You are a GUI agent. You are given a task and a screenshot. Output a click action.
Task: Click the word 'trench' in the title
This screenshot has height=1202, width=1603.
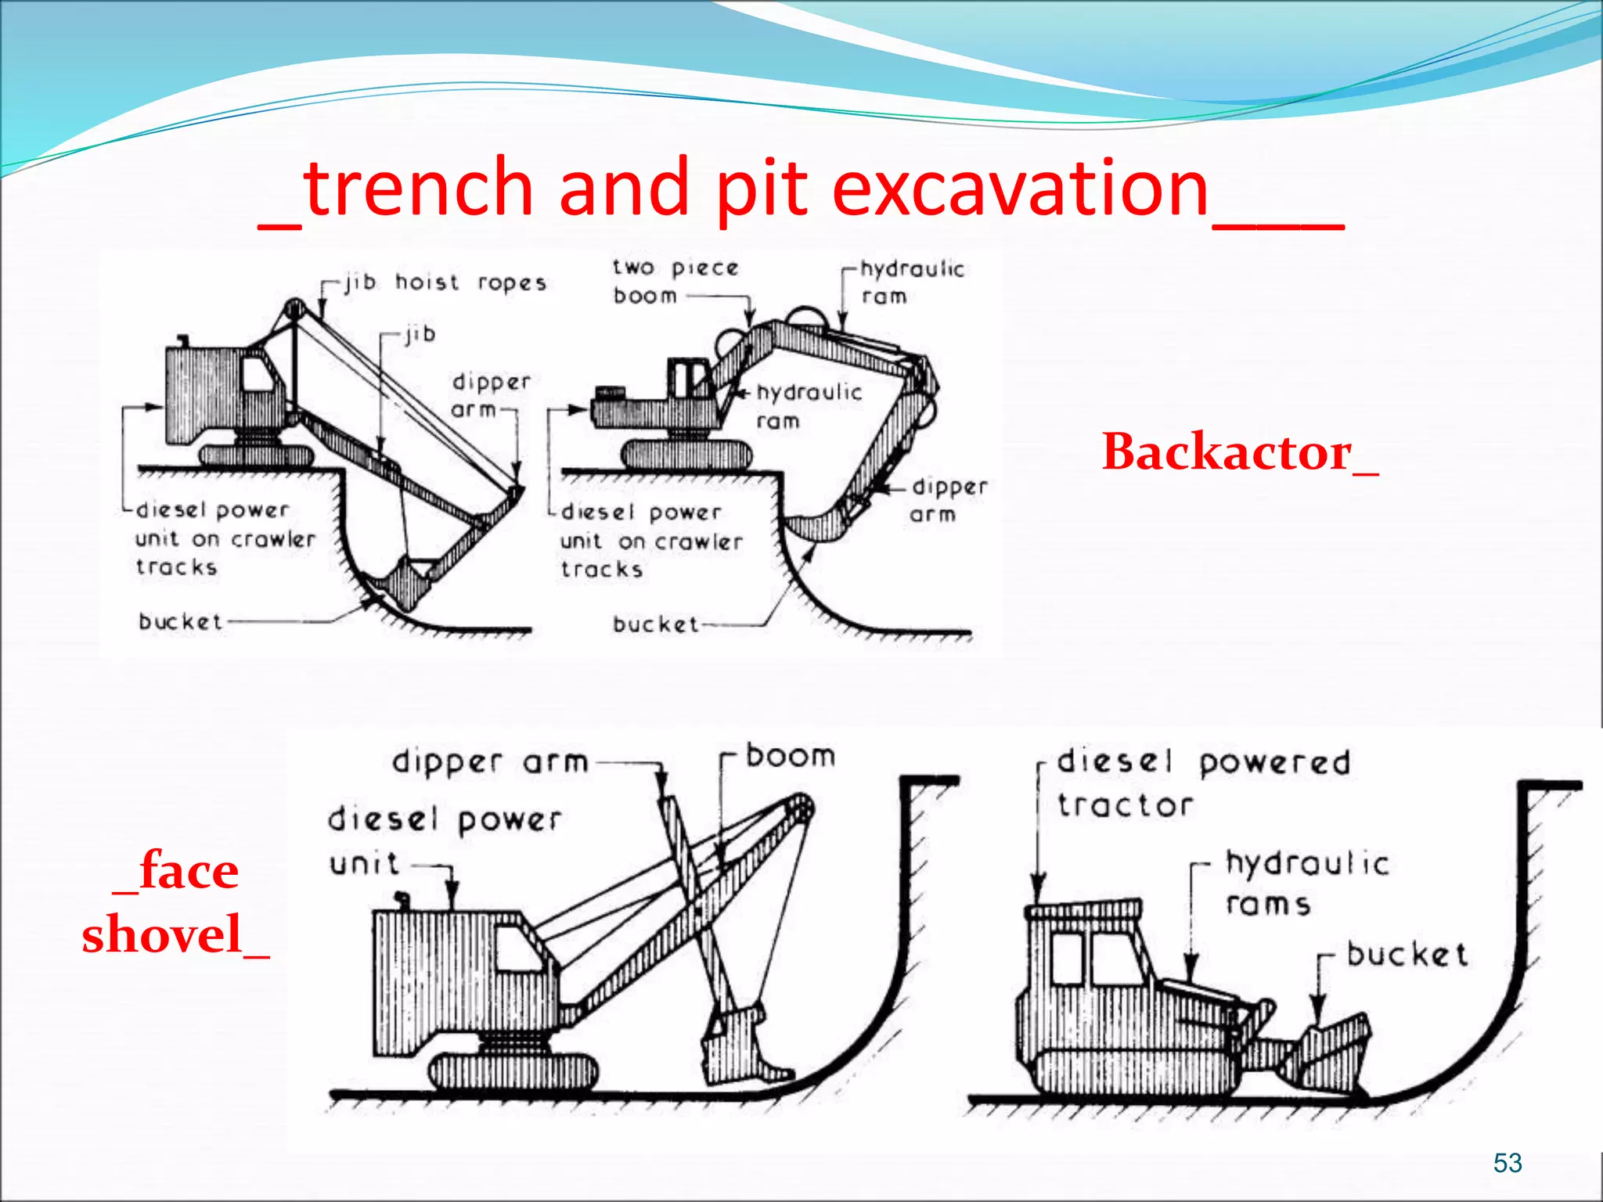tap(419, 188)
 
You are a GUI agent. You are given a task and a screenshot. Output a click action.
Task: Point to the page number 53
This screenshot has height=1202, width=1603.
tap(1507, 1163)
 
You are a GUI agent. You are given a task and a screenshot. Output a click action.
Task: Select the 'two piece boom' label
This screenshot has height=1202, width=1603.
tap(673, 282)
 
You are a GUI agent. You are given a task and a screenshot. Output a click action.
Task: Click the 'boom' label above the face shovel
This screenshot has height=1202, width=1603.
tap(791, 756)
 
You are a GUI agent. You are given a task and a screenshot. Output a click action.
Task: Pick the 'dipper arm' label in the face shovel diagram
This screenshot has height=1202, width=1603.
tap(490, 761)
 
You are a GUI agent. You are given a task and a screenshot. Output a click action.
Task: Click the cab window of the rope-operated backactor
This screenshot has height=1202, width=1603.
tap(256, 374)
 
